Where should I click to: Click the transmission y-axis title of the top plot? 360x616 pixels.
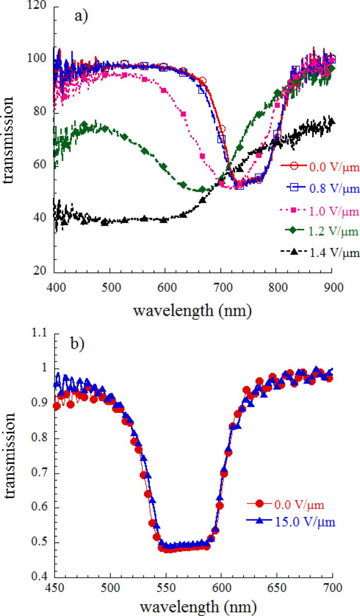10,139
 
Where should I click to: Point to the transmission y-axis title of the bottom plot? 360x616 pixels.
10,456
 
